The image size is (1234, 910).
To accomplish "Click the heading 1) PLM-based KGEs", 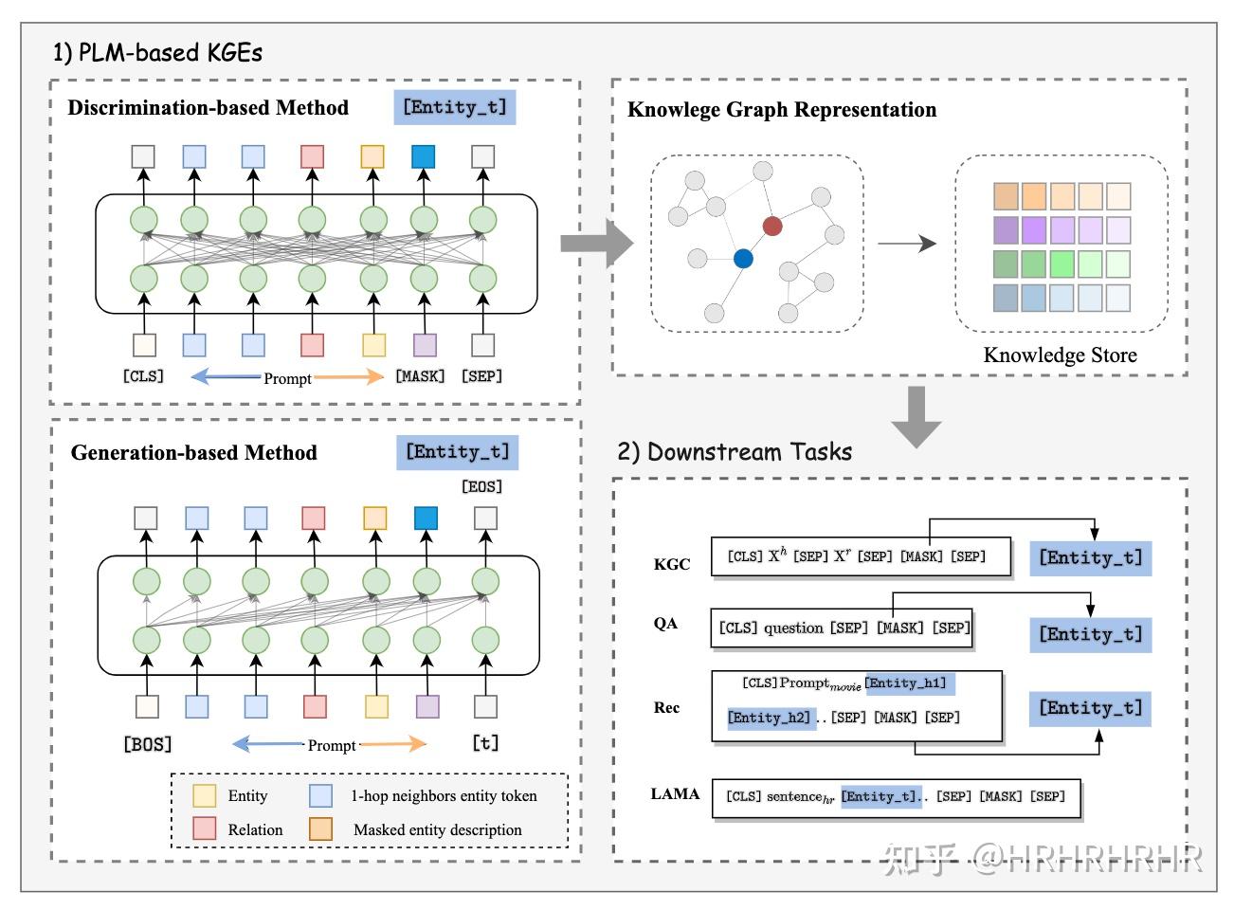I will (x=157, y=52).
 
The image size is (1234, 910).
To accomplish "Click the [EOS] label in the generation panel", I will (x=481, y=486).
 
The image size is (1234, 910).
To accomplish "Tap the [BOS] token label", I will (x=148, y=744).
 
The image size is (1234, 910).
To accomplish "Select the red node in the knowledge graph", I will (x=772, y=226).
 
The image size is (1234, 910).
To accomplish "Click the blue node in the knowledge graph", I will (x=743, y=258).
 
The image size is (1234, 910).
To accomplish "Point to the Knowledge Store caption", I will (x=1060, y=355).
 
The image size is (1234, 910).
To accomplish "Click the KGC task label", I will (x=672, y=564).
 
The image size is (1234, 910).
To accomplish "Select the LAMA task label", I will (x=675, y=794).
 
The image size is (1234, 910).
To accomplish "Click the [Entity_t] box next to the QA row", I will (x=1090, y=634).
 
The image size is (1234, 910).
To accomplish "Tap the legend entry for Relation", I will (x=254, y=829).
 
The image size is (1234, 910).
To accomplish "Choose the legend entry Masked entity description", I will (x=437, y=829).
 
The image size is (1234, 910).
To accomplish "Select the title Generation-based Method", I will (x=193, y=452).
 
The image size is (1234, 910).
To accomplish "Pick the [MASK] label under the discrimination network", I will (x=420, y=376).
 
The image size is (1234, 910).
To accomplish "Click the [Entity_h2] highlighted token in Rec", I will (x=770, y=718).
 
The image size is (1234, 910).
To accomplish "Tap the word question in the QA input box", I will (x=793, y=628).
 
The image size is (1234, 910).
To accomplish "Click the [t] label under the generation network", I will (x=485, y=743).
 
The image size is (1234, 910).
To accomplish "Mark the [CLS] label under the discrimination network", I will (x=143, y=376).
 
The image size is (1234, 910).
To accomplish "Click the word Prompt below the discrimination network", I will (x=287, y=378).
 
